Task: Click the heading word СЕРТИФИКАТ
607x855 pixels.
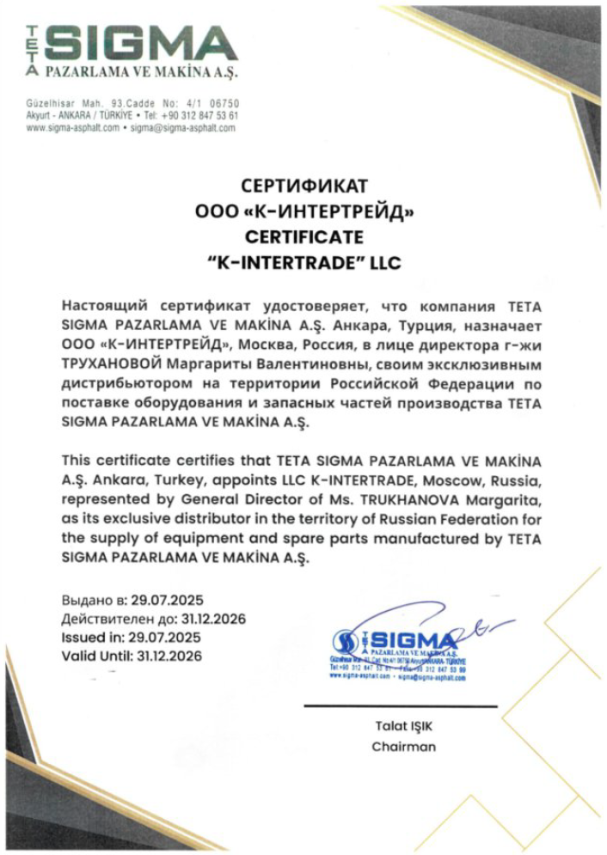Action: pyautogui.click(x=304, y=186)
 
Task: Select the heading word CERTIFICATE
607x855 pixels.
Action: pyautogui.click(x=304, y=236)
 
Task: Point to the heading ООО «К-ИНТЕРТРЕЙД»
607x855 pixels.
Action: pyautogui.click(x=304, y=211)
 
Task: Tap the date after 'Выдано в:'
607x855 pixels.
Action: pyautogui.click(x=161, y=600)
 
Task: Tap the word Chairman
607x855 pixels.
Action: pyautogui.click(x=403, y=747)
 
